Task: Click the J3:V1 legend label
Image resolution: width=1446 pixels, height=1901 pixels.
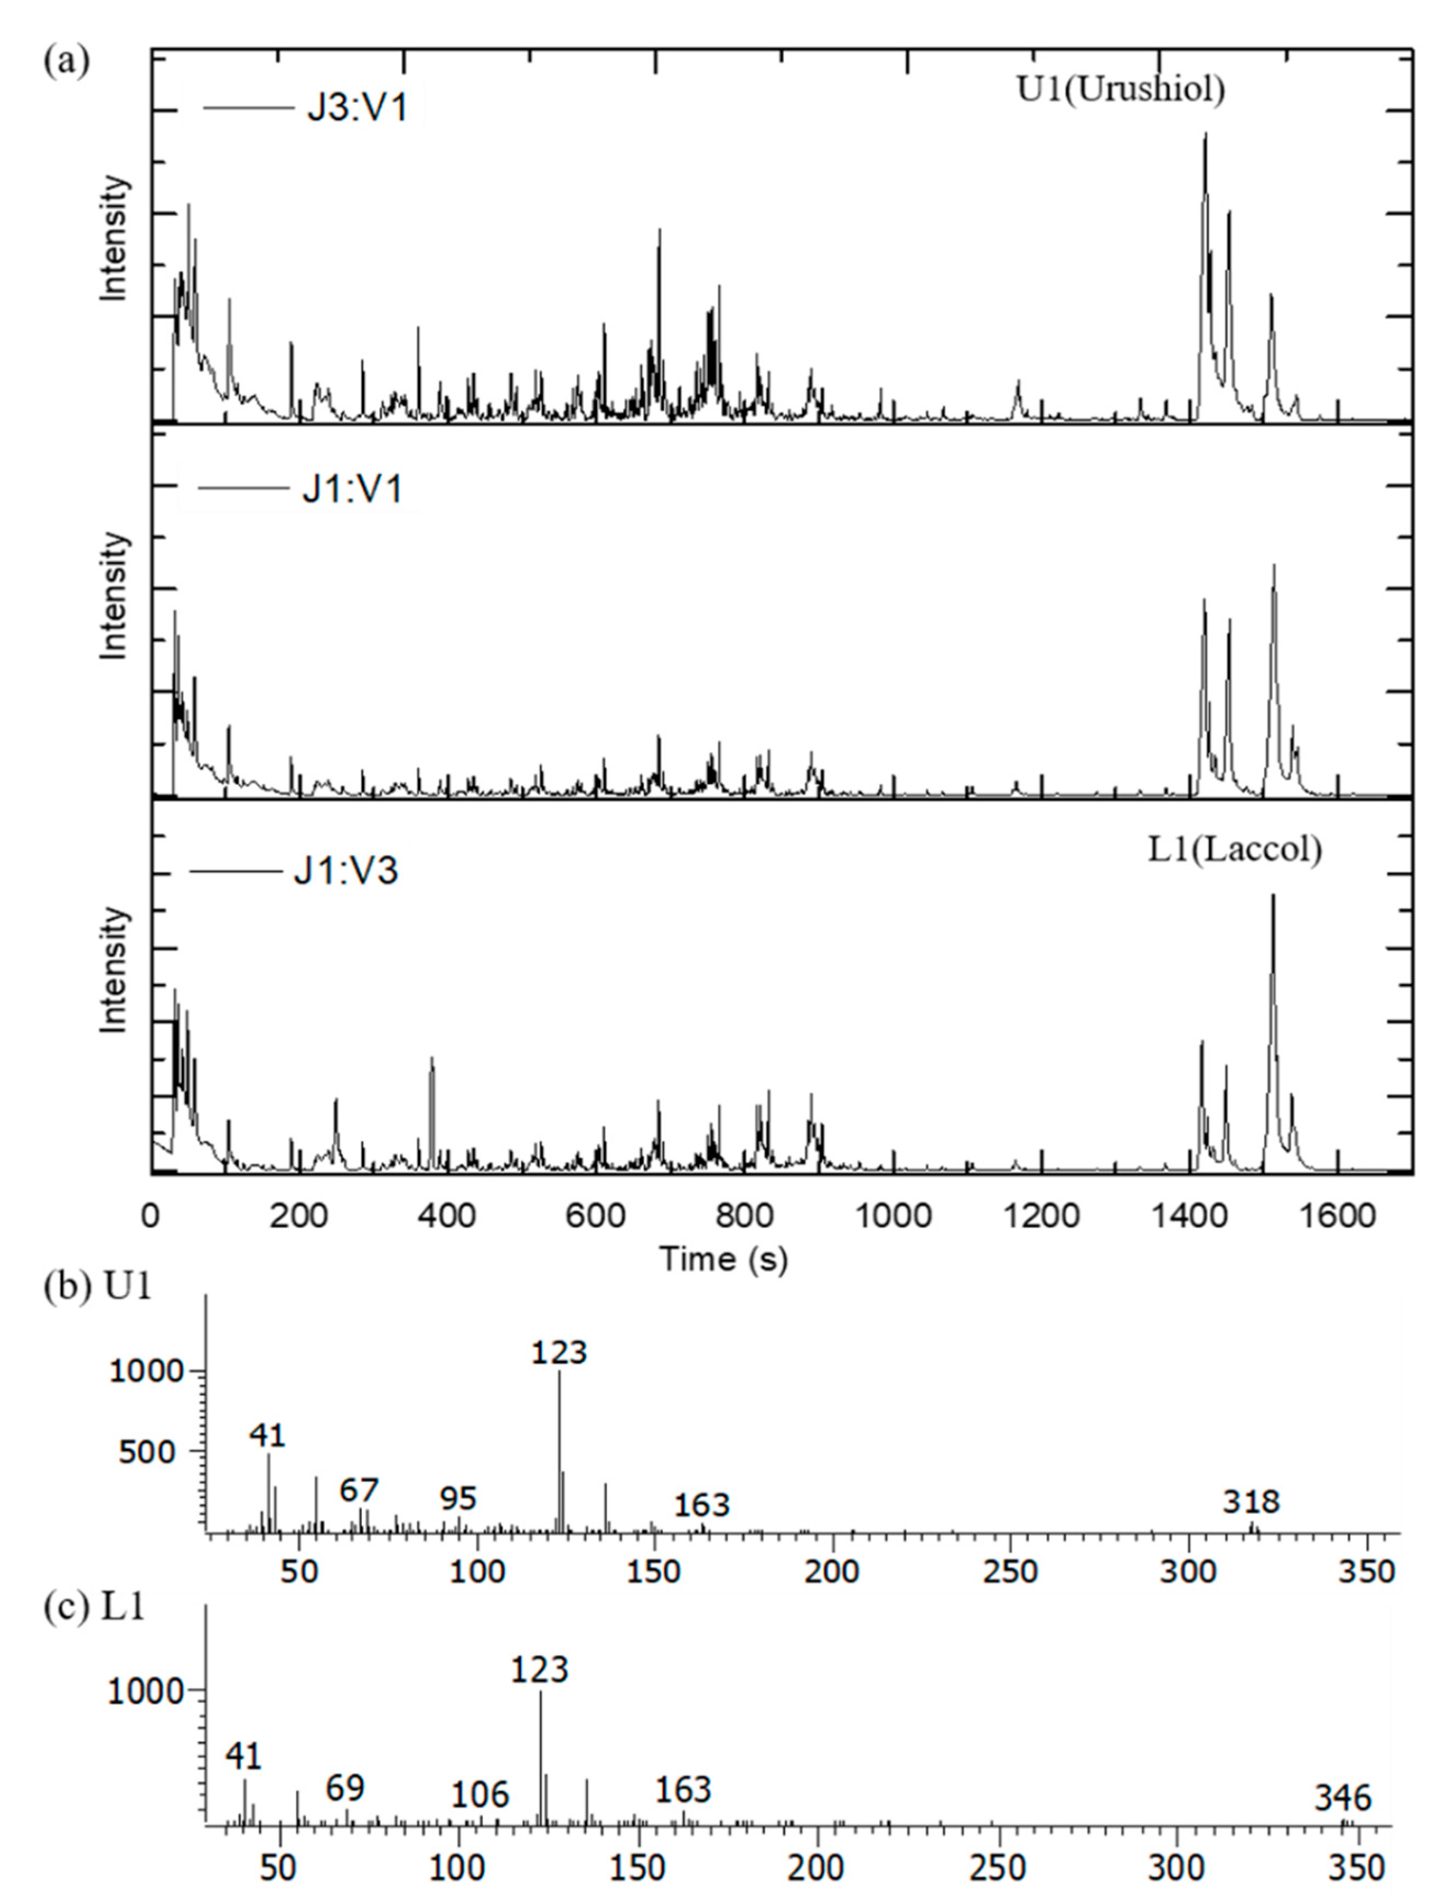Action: click(357, 109)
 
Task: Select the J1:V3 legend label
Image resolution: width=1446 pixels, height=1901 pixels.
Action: click(346, 871)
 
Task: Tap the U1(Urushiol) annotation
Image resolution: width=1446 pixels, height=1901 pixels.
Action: click(1121, 88)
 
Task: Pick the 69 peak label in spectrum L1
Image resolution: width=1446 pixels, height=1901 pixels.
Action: click(345, 1789)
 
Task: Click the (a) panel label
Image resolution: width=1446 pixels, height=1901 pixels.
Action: click(66, 62)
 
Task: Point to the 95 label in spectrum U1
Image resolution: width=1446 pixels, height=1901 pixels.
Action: click(458, 1499)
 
